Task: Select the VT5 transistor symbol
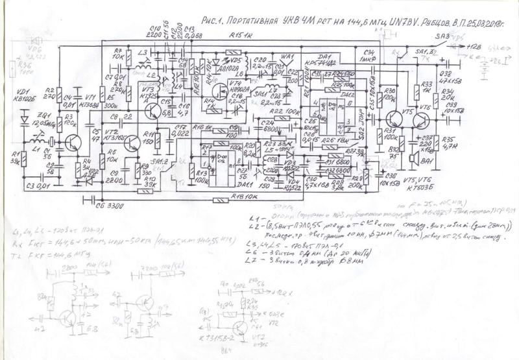pos(394,119)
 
